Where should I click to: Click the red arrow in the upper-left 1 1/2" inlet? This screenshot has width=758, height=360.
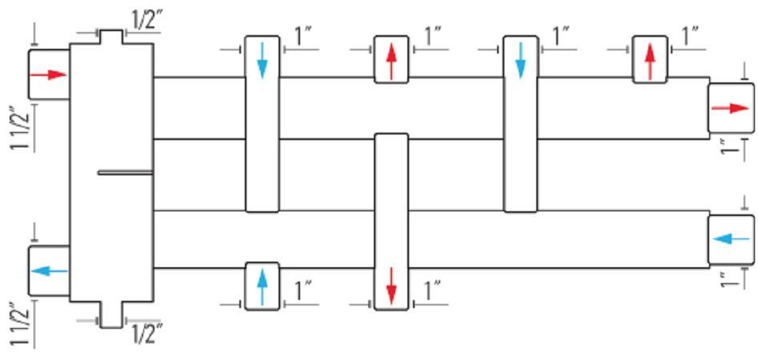click(48, 74)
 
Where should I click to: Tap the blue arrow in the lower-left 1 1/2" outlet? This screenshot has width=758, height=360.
click(49, 271)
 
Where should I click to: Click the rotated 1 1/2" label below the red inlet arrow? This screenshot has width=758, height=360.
click(22, 127)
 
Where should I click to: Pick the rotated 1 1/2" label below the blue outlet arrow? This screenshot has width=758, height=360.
click(22, 325)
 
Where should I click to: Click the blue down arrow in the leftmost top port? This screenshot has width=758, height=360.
click(262, 60)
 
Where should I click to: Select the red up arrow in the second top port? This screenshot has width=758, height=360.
click(391, 62)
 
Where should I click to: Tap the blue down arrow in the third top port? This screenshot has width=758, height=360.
click(520, 60)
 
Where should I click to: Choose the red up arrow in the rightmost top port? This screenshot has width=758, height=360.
click(650, 62)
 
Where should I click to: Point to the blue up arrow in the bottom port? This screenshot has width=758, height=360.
click(262, 287)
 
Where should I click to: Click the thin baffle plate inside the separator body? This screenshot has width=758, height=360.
click(126, 173)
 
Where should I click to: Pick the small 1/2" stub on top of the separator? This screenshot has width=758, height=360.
click(111, 37)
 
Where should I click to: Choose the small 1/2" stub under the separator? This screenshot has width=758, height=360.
click(111, 314)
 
